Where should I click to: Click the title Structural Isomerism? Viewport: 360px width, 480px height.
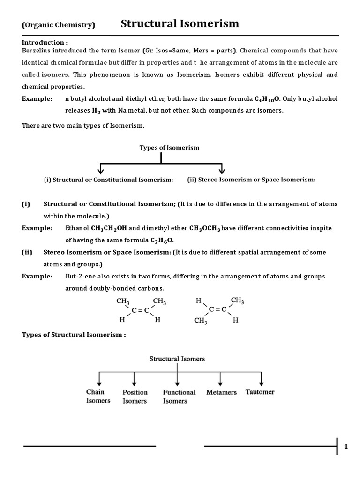[180, 23]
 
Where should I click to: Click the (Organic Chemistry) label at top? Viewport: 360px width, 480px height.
[59, 25]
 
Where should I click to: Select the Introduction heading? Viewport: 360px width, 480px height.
[44, 42]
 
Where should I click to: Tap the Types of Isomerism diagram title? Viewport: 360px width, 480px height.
[169, 148]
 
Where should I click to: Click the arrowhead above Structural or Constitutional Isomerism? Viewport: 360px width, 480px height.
[101, 169]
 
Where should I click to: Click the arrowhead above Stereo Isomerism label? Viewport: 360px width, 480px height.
[222, 169]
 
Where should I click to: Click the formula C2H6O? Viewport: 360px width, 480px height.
[161, 240]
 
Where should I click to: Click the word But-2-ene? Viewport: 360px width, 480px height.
[80, 276]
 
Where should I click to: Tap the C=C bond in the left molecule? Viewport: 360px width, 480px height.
[140, 310]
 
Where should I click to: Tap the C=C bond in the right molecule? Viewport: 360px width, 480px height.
[217, 310]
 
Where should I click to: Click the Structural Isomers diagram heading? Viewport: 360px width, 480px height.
[177, 359]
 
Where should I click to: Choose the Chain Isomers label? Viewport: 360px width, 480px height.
[98, 396]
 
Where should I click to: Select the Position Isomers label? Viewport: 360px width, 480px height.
[135, 397]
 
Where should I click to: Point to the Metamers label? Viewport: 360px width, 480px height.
[221, 392]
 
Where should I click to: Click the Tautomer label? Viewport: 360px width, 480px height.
[260, 392]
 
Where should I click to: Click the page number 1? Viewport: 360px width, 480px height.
[346, 447]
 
